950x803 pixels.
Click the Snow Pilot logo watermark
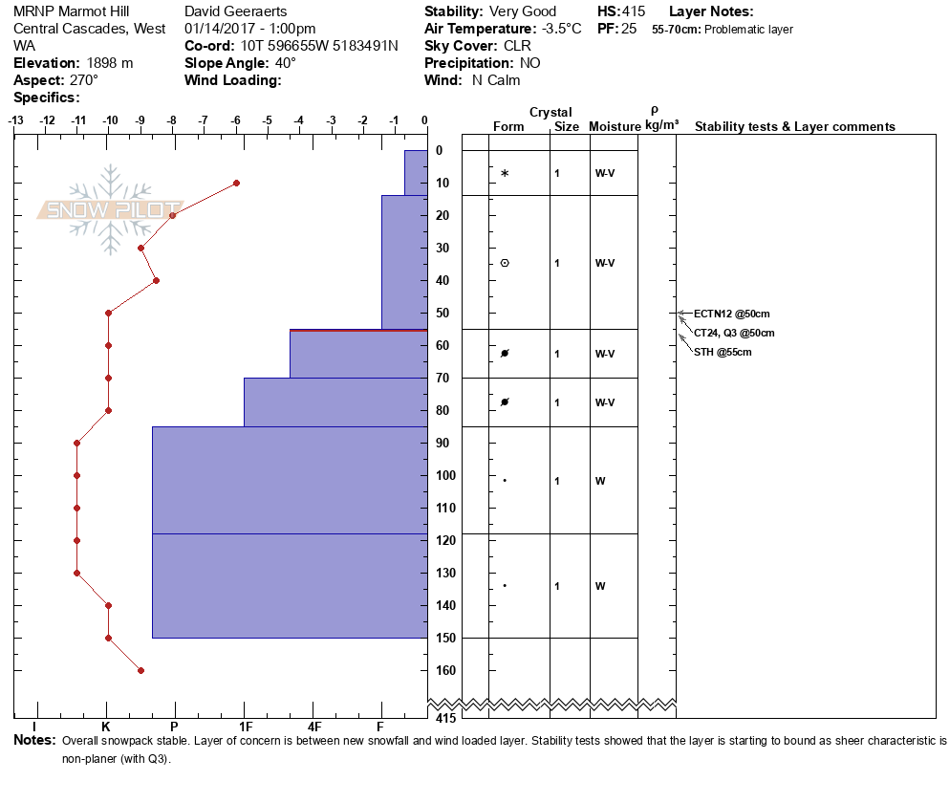click(x=110, y=209)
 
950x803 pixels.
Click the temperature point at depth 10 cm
click(x=236, y=183)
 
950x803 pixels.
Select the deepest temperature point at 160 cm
click(x=140, y=670)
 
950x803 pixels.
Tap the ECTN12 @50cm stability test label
click(x=731, y=314)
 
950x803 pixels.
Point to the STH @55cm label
click(x=723, y=352)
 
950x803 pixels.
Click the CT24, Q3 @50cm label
click(x=734, y=333)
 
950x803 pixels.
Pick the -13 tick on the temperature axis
click(x=16, y=121)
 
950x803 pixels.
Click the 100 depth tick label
click(x=445, y=475)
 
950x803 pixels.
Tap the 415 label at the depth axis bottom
click(x=443, y=718)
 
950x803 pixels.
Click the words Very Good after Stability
click(x=523, y=12)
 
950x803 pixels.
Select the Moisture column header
click(x=614, y=127)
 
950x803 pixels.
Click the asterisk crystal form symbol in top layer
click(x=505, y=173)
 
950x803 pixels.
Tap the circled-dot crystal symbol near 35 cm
click(x=505, y=263)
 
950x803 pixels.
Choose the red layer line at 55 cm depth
click(x=358, y=330)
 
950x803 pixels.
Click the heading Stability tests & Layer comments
click(x=794, y=127)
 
